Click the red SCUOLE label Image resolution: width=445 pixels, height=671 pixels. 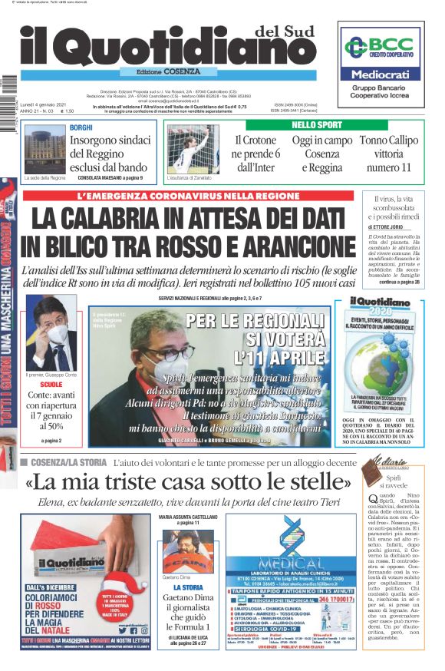[51, 383]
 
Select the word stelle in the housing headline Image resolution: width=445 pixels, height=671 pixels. [311, 483]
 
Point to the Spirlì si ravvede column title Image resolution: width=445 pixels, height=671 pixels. [397, 481]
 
